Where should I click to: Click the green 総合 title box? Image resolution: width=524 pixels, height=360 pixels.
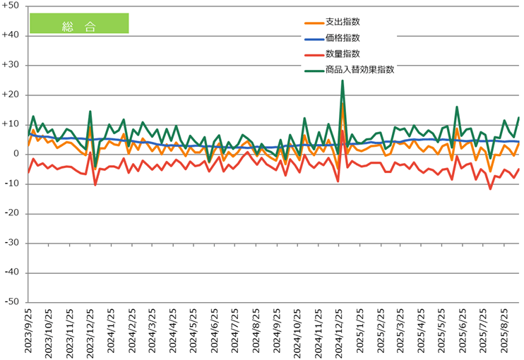coord(78,23)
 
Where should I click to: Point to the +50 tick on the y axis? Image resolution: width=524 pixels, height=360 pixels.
coord(12,6)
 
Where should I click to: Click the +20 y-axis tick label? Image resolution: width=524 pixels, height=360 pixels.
coord(12,95)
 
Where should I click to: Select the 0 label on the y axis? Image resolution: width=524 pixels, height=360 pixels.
coord(16,154)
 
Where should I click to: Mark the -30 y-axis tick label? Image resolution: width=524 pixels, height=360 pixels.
coord(12,243)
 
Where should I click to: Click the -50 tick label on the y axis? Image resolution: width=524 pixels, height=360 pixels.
coord(12,302)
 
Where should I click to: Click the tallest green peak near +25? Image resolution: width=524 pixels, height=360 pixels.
coord(343,80)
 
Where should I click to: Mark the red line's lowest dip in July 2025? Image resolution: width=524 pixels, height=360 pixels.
coord(490,188)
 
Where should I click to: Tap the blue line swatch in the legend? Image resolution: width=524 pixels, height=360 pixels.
coord(309,39)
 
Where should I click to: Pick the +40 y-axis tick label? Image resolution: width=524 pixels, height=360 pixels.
coord(12,35)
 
